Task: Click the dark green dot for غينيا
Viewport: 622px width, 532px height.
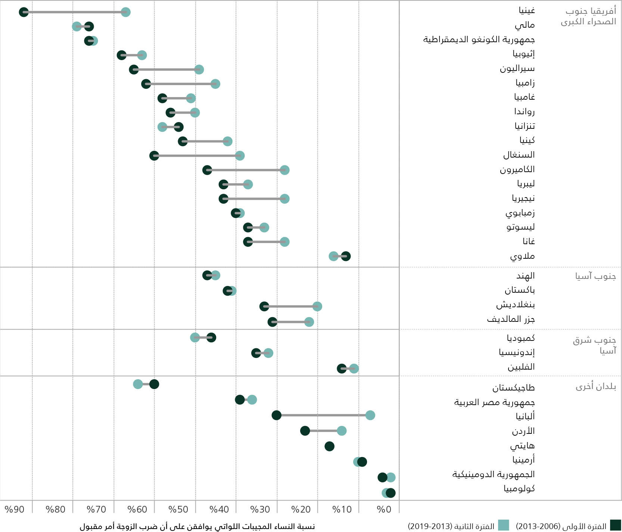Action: coord(24,12)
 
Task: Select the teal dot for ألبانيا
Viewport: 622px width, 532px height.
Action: coord(370,415)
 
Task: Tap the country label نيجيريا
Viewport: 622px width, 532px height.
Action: coord(523,198)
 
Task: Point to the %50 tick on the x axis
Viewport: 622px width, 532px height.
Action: coord(178,510)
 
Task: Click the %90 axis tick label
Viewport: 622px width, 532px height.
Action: coord(14,510)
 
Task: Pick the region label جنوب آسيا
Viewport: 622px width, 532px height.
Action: coord(595,276)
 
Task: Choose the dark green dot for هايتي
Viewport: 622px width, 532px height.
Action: coord(329,446)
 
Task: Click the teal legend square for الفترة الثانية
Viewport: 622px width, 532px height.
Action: coord(504,525)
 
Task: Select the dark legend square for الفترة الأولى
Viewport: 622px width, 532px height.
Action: coord(615,525)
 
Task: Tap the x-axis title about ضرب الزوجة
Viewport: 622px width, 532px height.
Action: coord(197,526)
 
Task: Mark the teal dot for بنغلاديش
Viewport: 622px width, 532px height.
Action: coord(317,307)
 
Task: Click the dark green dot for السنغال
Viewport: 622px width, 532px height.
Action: coord(154,156)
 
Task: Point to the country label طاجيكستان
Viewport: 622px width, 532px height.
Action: coord(513,388)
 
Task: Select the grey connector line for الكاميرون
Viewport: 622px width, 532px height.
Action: coord(246,170)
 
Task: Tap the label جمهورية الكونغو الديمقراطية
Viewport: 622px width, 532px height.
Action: coord(479,40)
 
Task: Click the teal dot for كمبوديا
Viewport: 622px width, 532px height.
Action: coord(195,337)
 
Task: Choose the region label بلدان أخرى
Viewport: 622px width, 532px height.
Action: coord(595,386)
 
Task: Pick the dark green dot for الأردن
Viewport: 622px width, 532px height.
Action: coord(305,431)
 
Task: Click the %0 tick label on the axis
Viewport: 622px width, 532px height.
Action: coord(384,510)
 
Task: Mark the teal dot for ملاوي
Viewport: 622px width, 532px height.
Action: coord(333,256)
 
